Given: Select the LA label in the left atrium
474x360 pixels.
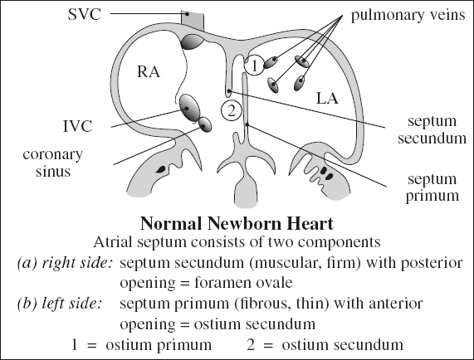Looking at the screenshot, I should [329, 98].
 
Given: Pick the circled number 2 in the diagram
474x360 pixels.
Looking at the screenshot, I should [231, 108].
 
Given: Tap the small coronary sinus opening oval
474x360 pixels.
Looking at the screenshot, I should [203, 124].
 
